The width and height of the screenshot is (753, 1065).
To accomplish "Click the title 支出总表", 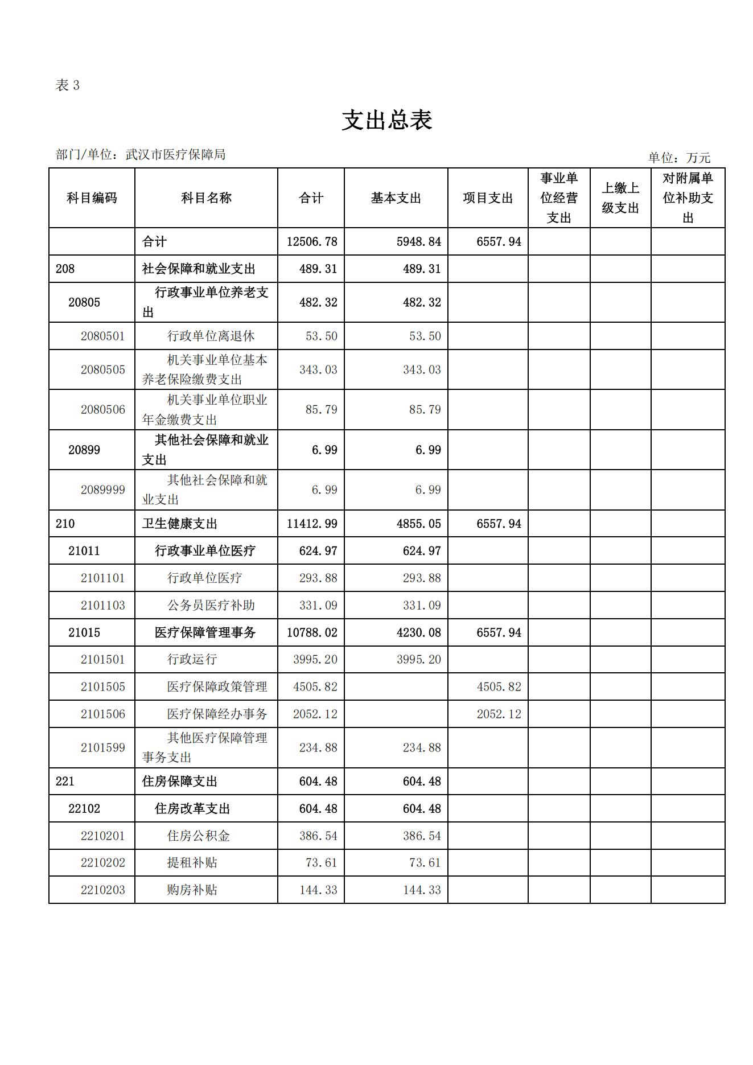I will point(387,120).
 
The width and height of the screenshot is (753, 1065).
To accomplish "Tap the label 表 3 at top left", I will point(68,85).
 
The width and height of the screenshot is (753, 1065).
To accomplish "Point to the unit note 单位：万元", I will point(679,158).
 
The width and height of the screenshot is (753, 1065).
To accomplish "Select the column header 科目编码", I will point(92,198).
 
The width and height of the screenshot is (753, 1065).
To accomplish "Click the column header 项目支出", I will point(488,198).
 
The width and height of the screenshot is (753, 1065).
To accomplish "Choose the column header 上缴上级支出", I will point(620,198).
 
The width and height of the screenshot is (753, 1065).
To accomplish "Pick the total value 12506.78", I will point(312,242).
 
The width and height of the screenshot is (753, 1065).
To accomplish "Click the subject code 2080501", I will point(102,336).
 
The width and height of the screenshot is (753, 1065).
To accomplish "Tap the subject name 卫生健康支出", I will point(180,524).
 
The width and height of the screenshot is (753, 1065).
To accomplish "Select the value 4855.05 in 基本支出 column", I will point(419,524).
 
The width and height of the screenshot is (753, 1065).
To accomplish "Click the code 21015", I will point(84,632).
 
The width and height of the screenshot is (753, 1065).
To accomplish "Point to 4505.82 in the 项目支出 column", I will point(499,686).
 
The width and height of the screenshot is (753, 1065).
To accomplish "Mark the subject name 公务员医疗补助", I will point(211,605).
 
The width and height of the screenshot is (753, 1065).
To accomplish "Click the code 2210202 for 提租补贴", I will point(102,862).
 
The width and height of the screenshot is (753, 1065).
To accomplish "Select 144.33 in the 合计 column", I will point(318,890).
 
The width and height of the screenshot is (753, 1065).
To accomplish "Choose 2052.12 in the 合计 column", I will point(315,714).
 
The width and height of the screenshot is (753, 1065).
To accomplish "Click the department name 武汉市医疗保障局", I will point(175,154).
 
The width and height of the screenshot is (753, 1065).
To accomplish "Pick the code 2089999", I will point(102,490).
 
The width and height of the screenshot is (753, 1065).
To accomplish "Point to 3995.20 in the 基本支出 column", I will point(419,659).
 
